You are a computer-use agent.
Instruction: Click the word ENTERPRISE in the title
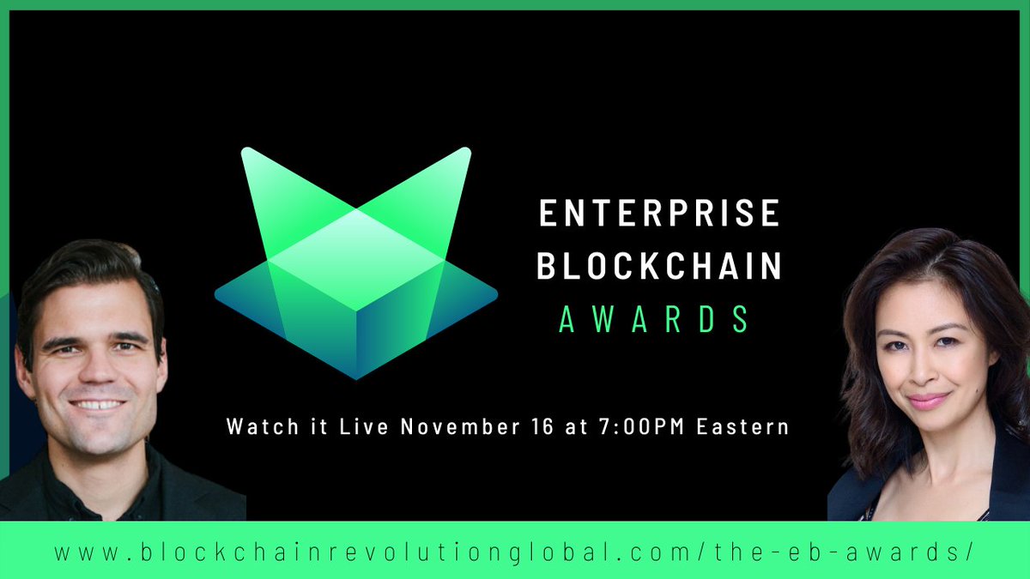click(658, 214)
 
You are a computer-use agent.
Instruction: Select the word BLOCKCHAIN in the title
click(658, 266)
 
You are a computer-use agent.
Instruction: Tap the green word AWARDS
click(654, 319)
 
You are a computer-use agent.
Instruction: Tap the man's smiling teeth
click(98, 404)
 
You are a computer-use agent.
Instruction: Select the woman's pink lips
click(928, 401)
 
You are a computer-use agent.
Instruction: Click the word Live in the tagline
click(348, 426)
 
